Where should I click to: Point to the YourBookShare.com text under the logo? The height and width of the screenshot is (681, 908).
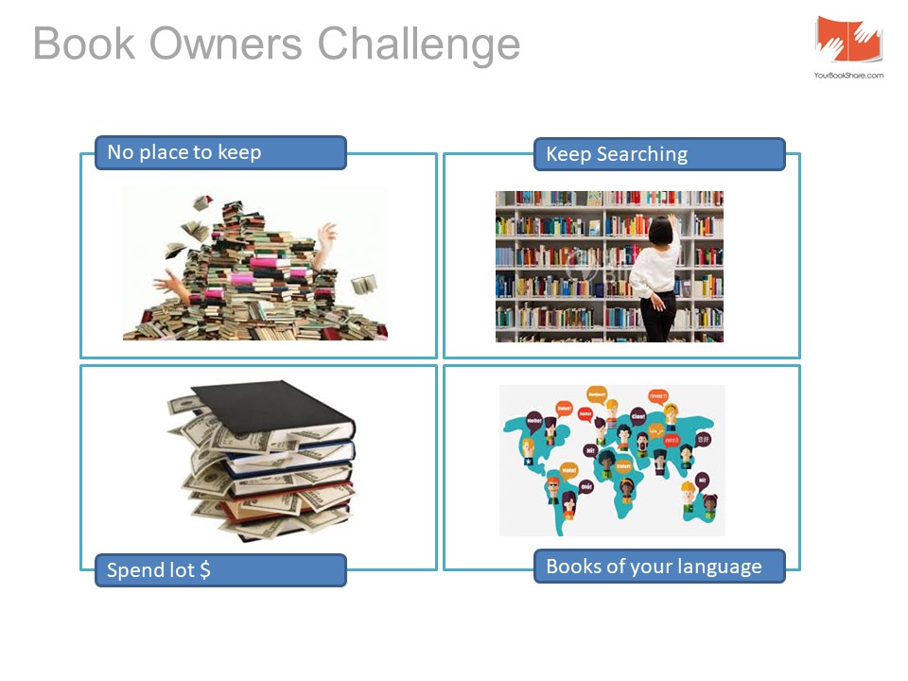pos(848,75)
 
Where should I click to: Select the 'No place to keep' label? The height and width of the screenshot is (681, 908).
pos(219,152)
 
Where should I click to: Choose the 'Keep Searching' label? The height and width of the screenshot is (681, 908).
pos(659,154)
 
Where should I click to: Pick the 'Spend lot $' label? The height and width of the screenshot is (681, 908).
pos(219,570)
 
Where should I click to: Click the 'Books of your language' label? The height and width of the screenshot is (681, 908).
pos(659,567)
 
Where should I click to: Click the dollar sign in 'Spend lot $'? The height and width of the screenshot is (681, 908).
pos(205,570)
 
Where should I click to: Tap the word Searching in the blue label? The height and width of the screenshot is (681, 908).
pos(642,154)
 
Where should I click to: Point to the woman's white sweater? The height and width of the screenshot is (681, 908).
pos(654,270)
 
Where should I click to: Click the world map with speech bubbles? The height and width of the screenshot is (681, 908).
pos(612,460)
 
